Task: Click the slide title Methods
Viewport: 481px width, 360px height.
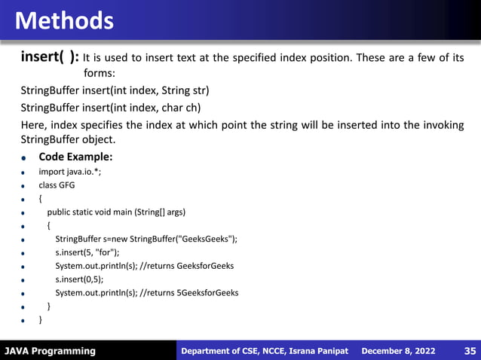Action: coord(65,20)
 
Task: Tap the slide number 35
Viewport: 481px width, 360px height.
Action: coord(469,351)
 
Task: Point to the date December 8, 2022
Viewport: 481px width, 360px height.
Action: coord(399,351)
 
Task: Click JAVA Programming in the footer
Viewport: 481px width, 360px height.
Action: coord(50,351)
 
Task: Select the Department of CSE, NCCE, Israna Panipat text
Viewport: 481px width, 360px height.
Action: coord(265,351)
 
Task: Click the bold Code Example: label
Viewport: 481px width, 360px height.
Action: coord(75,157)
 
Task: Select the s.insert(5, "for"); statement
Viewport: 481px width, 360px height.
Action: coord(87,252)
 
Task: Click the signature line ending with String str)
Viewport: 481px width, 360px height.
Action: coord(115,91)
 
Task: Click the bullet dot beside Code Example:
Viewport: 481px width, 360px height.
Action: coord(24,159)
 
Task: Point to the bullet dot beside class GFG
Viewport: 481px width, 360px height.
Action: coord(24,186)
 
